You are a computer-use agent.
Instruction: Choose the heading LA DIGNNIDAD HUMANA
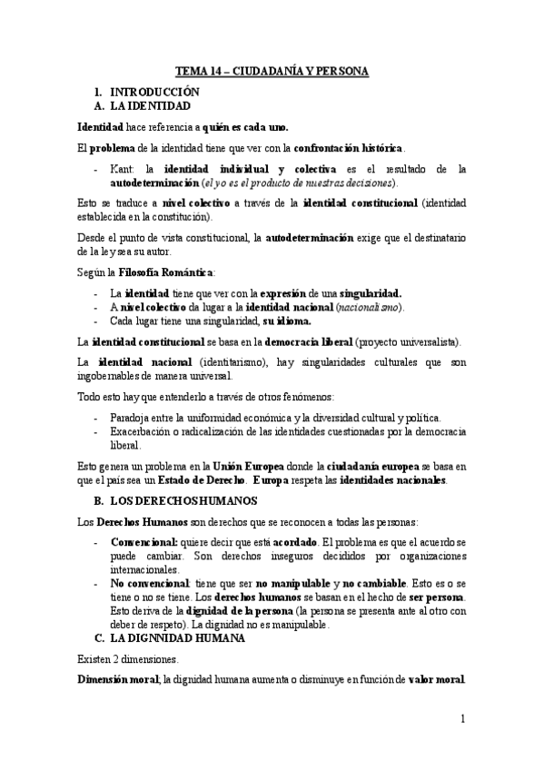click(x=181, y=638)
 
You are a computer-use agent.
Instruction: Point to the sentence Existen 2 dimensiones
click(x=134, y=659)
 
